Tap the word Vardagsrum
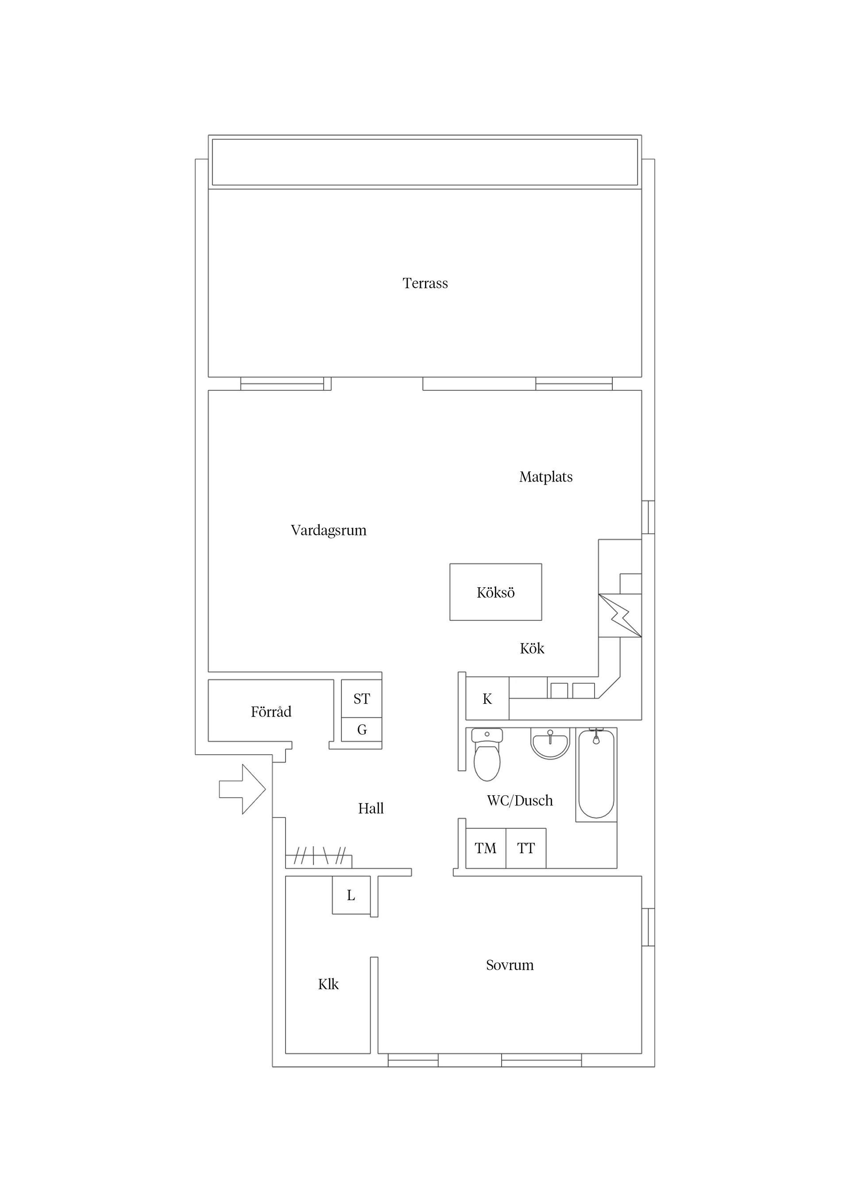point(328,530)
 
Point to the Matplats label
point(546,477)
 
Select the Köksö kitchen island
point(495,592)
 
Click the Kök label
point(532,649)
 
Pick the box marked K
point(487,699)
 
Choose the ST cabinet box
point(361,698)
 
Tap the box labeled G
point(361,729)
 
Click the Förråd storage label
point(271,712)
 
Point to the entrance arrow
point(243,789)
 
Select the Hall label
point(371,808)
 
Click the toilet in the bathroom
point(487,754)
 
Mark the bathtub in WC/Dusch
point(596,774)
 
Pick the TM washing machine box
point(486,848)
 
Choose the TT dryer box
point(526,848)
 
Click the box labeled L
point(352,895)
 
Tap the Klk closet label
point(328,984)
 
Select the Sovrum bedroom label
point(510,965)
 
